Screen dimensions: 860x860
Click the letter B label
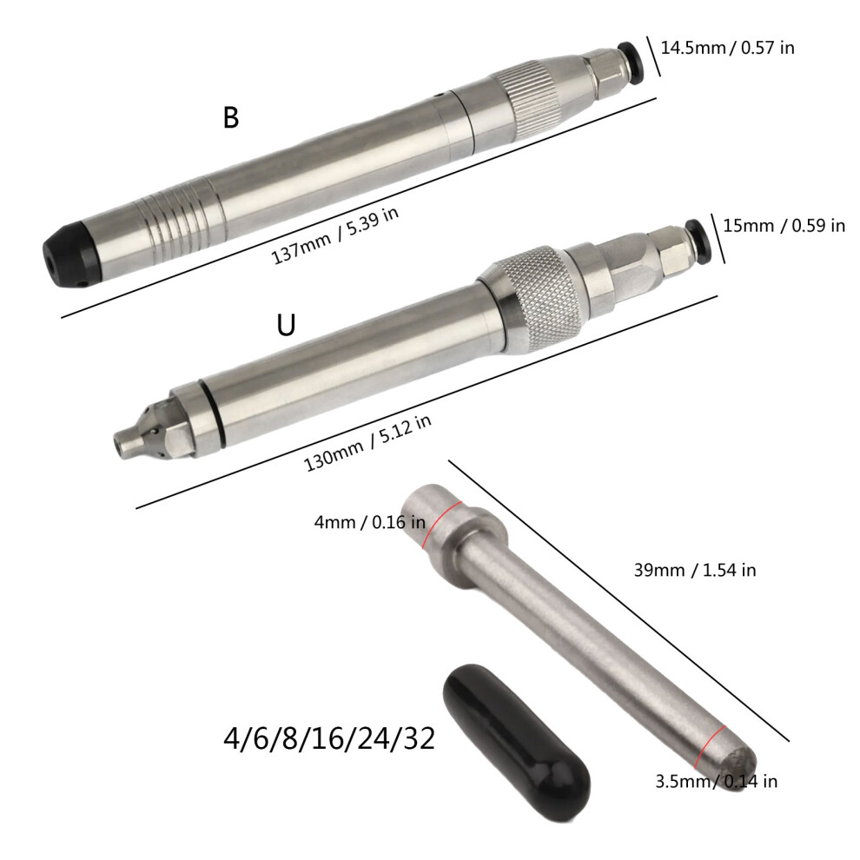point(231,117)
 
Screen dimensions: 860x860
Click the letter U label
point(286,325)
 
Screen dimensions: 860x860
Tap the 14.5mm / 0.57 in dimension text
point(727,48)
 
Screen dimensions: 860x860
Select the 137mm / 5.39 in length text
point(335,235)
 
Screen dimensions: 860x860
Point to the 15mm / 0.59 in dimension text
point(784,225)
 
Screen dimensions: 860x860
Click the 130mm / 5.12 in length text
point(367,443)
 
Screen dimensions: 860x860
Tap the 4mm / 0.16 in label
point(370,522)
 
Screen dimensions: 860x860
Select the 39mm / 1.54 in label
point(695,571)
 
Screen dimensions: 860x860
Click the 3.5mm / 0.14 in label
point(717,781)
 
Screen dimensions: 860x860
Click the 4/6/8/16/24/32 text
point(329,738)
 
